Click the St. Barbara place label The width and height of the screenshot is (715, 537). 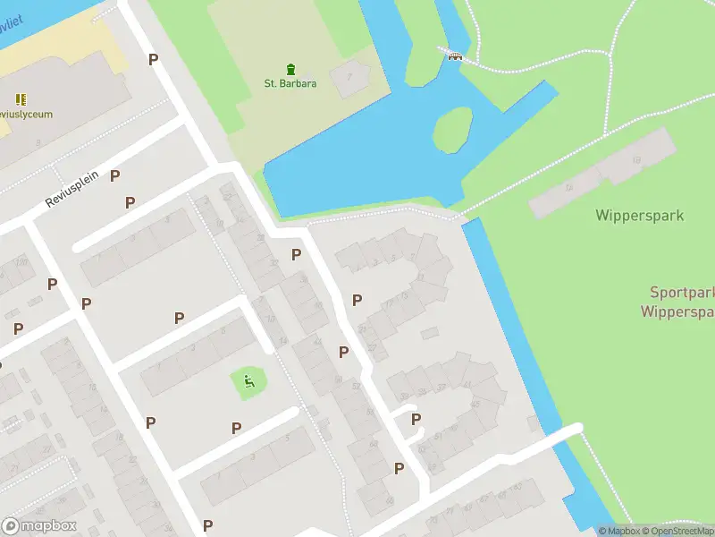click(290, 84)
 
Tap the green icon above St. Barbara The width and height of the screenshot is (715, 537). click(290, 69)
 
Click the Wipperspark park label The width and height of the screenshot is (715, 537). click(639, 216)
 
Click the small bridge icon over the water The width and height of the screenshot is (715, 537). click(455, 55)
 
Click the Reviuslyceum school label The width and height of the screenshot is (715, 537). click(25, 115)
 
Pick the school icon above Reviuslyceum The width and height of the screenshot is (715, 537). click(21, 99)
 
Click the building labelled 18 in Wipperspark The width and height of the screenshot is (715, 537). click(636, 159)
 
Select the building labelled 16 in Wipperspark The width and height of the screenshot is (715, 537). click(568, 189)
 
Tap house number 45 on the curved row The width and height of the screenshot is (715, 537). click(475, 404)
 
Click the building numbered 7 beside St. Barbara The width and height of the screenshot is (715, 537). click(350, 76)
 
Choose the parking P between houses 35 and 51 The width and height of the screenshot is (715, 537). click(416, 419)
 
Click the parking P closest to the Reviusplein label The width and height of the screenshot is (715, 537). click(114, 175)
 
